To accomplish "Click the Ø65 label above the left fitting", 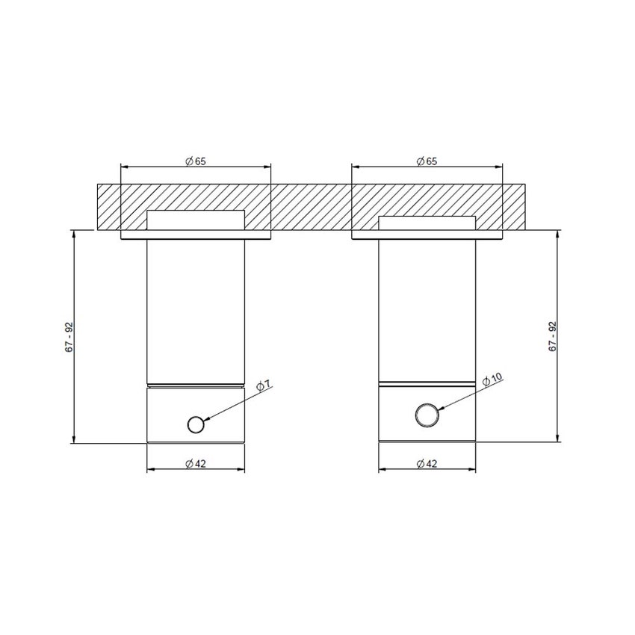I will click(195, 161).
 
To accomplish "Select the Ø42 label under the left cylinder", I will click(195, 463).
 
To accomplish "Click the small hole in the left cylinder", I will click(196, 424).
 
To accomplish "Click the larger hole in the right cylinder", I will click(427, 415).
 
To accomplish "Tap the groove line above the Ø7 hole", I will click(195, 385).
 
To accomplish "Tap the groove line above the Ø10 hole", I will click(427, 383).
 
